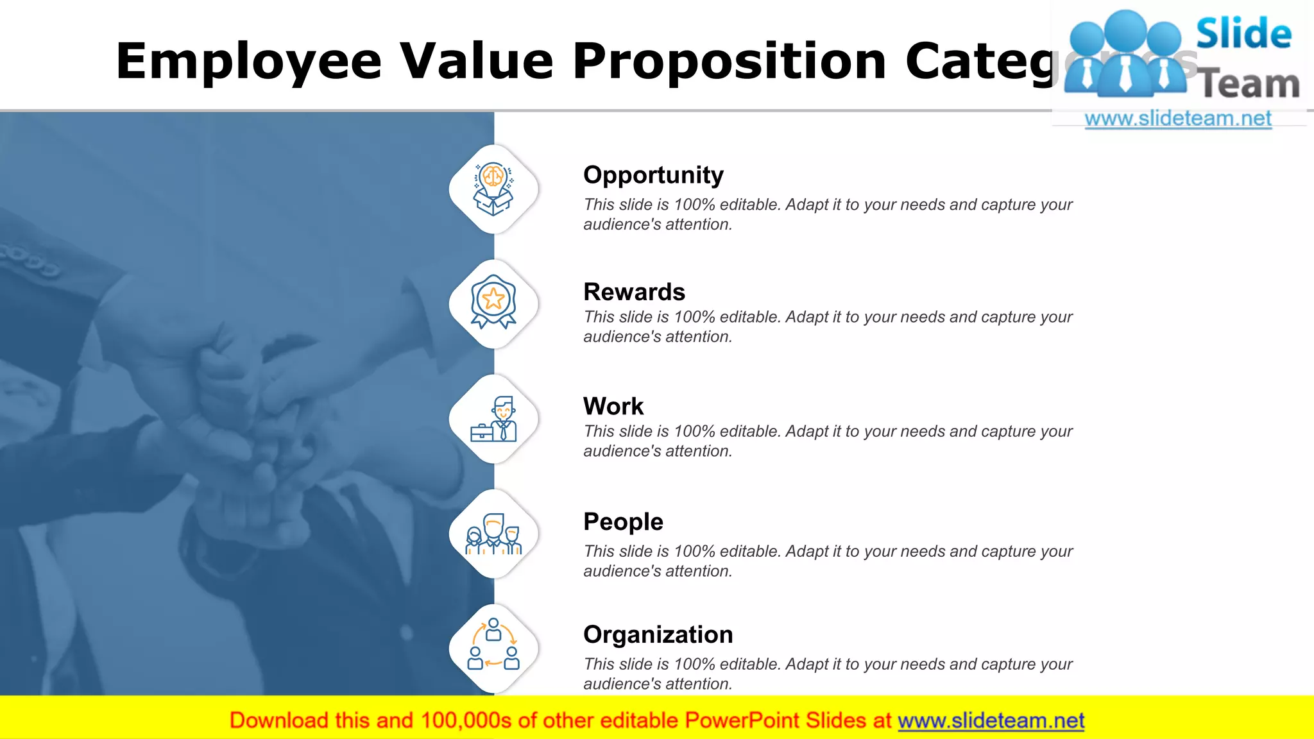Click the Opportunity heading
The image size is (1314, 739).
click(653, 175)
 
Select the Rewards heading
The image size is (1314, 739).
click(634, 292)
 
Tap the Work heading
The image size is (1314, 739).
click(613, 406)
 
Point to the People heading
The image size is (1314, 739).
click(623, 522)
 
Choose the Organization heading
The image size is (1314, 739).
click(658, 634)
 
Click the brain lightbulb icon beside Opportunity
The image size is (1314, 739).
click(493, 189)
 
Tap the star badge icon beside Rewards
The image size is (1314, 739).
click(493, 302)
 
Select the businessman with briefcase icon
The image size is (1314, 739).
click(493, 419)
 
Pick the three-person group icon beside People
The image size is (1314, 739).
click(493, 534)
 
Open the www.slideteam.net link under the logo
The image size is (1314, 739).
click(1177, 119)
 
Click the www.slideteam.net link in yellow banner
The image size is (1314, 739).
click(991, 721)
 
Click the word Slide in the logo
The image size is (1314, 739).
click(1243, 33)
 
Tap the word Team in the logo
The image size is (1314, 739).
click(1249, 84)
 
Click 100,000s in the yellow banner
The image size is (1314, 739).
click(466, 721)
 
